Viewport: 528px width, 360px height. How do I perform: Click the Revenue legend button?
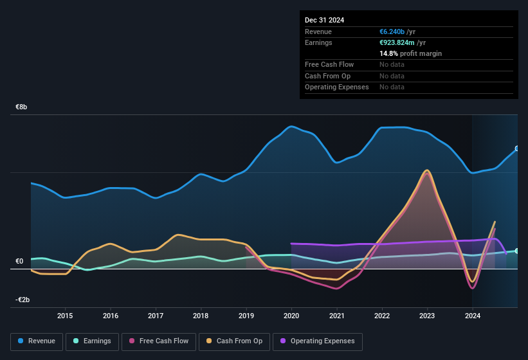tap(37, 341)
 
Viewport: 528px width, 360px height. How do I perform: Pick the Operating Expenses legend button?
tap(318, 341)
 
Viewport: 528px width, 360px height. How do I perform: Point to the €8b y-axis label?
tap(21, 107)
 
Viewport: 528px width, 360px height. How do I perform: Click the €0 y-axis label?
tap(20, 262)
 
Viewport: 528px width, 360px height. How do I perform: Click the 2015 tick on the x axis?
tap(65, 316)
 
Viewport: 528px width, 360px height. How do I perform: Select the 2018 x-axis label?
tap(201, 316)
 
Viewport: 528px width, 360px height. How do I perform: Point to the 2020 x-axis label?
tap(291, 316)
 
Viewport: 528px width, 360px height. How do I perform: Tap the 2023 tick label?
tap(427, 316)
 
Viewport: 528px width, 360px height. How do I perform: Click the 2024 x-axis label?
tap(473, 316)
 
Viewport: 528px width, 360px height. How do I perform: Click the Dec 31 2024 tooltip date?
tap(324, 20)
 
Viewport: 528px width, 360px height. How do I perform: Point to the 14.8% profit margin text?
tap(410, 53)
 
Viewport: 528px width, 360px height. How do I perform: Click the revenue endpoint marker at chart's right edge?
tap(517, 148)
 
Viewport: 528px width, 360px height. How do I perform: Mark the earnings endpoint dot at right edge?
tap(517, 251)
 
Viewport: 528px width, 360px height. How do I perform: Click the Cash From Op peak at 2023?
tap(426, 170)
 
